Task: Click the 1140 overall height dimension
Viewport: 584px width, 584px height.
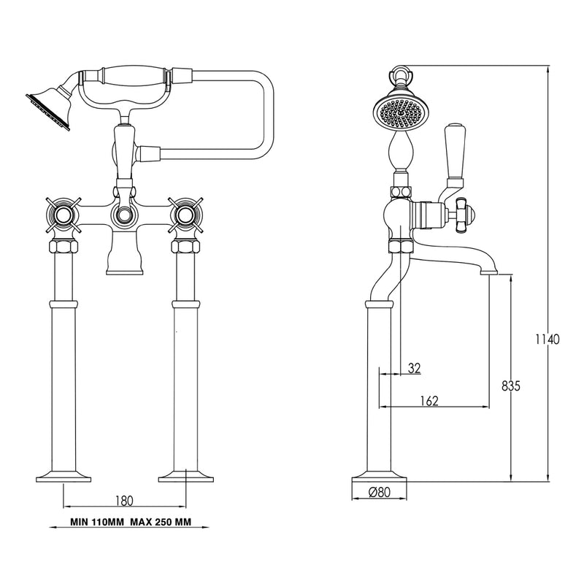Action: coord(547,339)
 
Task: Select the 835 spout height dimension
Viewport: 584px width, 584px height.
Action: coord(510,386)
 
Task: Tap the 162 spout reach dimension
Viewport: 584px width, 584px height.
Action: coord(429,401)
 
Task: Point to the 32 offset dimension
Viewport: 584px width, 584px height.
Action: coord(414,368)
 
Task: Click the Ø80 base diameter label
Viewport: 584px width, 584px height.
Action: coord(380,492)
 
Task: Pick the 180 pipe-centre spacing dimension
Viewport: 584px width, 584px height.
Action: coord(124,501)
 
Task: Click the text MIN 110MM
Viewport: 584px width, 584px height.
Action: coord(97,522)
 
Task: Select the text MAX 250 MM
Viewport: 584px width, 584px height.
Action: coord(161,522)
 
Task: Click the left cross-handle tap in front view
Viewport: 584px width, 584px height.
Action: coord(63,215)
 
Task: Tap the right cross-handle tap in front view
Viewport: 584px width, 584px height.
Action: coord(185,215)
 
